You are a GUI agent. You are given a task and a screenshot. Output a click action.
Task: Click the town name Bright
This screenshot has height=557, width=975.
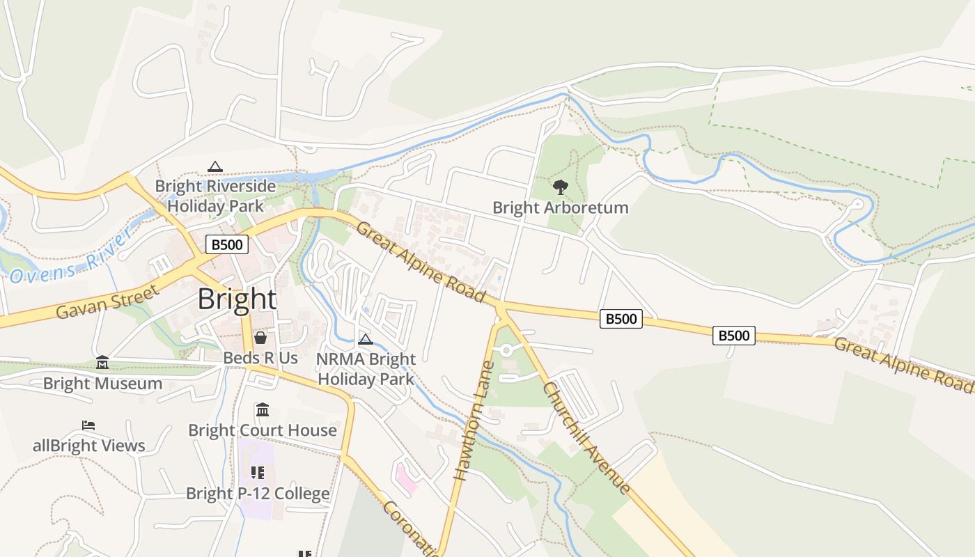tap(237, 299)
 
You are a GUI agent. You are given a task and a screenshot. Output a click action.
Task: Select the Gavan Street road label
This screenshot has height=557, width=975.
tap(107, 302)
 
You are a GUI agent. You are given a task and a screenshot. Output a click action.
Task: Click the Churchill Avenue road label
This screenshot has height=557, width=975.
tap(587, 437)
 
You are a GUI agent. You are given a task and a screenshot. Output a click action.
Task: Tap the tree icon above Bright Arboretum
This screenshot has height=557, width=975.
tap(560, 187)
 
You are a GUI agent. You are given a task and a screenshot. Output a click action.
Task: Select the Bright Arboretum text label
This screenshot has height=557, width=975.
tap(560, 207)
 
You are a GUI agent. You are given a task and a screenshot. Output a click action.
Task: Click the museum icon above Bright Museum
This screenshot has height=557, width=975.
tap(102, 363)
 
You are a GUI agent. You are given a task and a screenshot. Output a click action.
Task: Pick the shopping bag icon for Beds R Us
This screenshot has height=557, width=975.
tap(260, 338)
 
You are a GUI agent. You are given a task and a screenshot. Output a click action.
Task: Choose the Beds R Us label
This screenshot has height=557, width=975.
tap(260, 358)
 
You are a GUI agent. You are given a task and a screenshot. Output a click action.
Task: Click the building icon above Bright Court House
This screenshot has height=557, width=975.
tap(263, 409)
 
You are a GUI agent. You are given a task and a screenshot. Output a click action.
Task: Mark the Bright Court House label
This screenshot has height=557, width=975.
tap(263, 430)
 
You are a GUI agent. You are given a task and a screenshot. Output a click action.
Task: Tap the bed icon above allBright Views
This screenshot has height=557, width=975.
tap(88, 425)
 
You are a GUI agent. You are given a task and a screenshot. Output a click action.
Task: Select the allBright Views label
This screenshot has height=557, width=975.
tap(89, 446)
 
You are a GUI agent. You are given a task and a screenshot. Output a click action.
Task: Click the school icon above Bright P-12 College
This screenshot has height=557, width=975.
tap(258, 473)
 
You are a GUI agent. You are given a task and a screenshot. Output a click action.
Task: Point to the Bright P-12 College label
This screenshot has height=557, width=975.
tap(258, 494)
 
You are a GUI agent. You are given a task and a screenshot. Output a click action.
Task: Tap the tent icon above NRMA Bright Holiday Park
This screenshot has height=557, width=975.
tap(366, 340)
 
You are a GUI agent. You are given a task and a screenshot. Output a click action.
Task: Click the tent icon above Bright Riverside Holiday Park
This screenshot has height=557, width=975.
tap(215, 167)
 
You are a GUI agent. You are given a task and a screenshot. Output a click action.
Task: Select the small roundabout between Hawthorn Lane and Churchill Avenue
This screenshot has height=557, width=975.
tap(506, 350)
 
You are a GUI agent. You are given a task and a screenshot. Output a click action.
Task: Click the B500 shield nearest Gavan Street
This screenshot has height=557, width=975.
tap(227, 244)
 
